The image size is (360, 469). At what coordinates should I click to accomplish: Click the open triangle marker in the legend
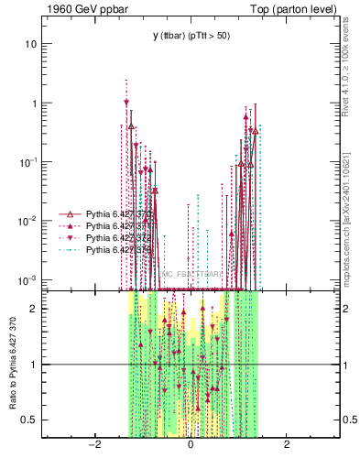point(71,213)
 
